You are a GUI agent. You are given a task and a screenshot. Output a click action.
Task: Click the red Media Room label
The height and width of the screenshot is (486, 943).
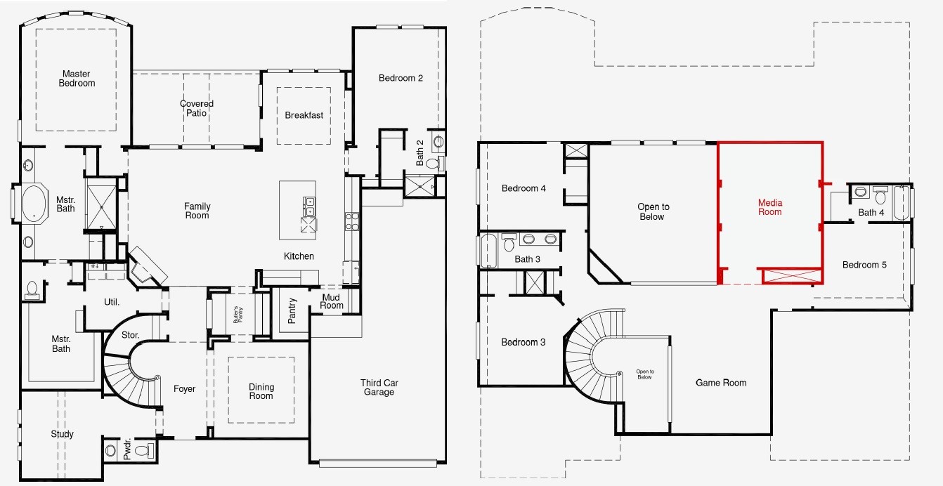coord(769,207)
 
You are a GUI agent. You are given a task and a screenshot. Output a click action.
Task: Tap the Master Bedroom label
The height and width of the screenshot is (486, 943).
coord(78,79)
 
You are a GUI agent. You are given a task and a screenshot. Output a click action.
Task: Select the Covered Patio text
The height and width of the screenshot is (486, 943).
coord(197,108)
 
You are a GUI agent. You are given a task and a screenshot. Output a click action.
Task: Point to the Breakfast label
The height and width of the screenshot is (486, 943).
coord(304,115)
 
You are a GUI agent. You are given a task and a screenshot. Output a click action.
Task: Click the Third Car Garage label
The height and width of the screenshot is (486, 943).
coord(379,387)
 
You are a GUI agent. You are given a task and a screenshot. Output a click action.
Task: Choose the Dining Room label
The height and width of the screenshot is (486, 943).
coord(261,391)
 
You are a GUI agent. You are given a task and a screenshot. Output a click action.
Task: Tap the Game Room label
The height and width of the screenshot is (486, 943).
coord(721,383)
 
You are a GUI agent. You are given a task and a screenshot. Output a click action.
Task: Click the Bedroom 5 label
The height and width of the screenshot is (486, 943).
coord(864,265)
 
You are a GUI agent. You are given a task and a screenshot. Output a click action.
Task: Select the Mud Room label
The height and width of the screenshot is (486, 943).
coord(332,301)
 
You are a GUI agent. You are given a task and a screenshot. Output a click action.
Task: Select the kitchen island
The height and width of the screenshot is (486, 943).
coord(297,210)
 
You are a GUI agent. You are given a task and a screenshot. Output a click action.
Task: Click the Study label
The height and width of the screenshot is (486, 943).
coord(62,434)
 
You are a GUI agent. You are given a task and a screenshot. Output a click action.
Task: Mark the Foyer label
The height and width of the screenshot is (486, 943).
coord(184,389)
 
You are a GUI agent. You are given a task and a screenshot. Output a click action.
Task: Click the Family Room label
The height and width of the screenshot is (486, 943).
coord(197,211)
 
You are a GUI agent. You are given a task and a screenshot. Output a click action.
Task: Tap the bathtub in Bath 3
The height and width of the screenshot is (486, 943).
coord(488,251)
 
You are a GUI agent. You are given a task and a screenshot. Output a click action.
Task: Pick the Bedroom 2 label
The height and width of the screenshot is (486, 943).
coord(401,78)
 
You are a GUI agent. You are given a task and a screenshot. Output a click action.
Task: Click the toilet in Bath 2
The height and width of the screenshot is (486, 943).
coord(433,164)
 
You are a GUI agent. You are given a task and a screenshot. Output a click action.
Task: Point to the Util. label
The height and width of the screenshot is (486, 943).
coord(112,302)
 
